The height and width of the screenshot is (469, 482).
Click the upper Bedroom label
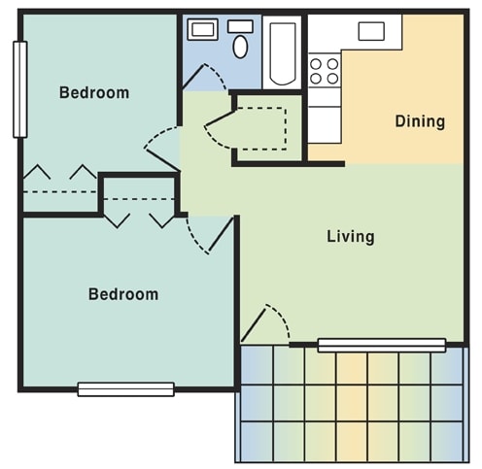click(x=94, y=93)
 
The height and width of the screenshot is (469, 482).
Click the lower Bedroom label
click(x=123, y=293)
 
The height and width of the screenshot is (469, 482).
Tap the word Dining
click(x=420, y=121)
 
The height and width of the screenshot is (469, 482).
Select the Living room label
click(x=350, y=236)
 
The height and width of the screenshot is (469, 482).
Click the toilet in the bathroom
click(x=240, y=44)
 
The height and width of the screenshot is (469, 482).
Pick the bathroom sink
click(x=203, y=30)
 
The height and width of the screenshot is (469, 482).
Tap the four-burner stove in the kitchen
click(x=325, y=71)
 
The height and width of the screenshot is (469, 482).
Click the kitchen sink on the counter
click(x=372, y=31)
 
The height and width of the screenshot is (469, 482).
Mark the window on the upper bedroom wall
click(x=18, y=89)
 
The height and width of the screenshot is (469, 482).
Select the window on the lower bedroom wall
click(x=126, y=389)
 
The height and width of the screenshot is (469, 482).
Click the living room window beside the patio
click(x=381, y=344)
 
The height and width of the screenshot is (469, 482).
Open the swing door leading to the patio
click(x=266, y=324)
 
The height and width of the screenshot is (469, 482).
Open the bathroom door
click(x=204, y=78)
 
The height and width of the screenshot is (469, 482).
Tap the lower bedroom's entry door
click(x=209, y=233)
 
